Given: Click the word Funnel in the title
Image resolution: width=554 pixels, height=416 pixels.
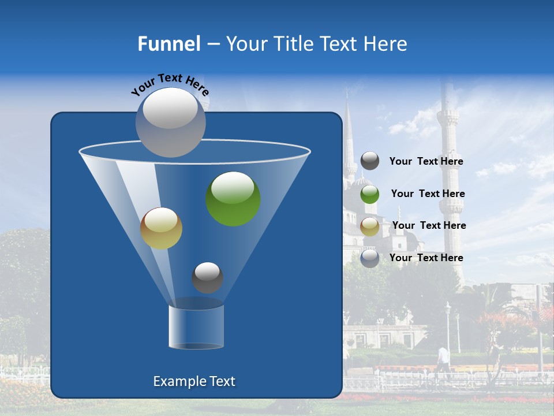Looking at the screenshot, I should coord(169,44).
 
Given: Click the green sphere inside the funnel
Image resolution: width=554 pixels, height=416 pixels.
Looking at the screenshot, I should coord(233,199).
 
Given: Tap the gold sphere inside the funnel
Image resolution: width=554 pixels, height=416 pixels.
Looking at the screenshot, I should coord(161,228).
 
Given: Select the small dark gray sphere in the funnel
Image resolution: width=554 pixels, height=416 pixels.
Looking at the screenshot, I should coord(207,278).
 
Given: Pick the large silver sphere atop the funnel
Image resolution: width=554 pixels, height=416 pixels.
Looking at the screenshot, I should coord(170,122).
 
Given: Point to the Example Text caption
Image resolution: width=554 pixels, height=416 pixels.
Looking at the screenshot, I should coord(194,381).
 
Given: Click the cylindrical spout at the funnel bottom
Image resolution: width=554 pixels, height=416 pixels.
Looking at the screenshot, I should coord(196,327).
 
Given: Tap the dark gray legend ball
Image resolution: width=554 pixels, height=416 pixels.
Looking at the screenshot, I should coord(370,161).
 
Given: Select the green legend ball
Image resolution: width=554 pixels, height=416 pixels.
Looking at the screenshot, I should coord(370,194).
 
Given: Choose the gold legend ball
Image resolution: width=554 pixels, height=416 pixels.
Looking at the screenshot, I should coord(370,226).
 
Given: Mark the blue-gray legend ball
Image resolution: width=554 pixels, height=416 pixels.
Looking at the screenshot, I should coord(370,258).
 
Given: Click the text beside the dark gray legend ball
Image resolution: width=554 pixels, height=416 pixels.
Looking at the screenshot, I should coord(426,162).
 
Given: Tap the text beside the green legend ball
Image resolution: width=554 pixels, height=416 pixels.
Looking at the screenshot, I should coord(428,194).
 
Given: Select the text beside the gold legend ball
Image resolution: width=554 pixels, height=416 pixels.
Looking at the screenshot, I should coord(429,226).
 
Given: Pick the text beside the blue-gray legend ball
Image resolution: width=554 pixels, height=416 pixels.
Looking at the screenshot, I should coord(426,258).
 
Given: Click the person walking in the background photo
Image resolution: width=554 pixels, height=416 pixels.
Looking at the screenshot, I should coord(443,360).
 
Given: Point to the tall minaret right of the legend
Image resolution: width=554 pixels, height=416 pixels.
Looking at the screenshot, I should coord(448,173).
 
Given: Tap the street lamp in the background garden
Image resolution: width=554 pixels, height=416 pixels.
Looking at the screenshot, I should coord(448,326).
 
